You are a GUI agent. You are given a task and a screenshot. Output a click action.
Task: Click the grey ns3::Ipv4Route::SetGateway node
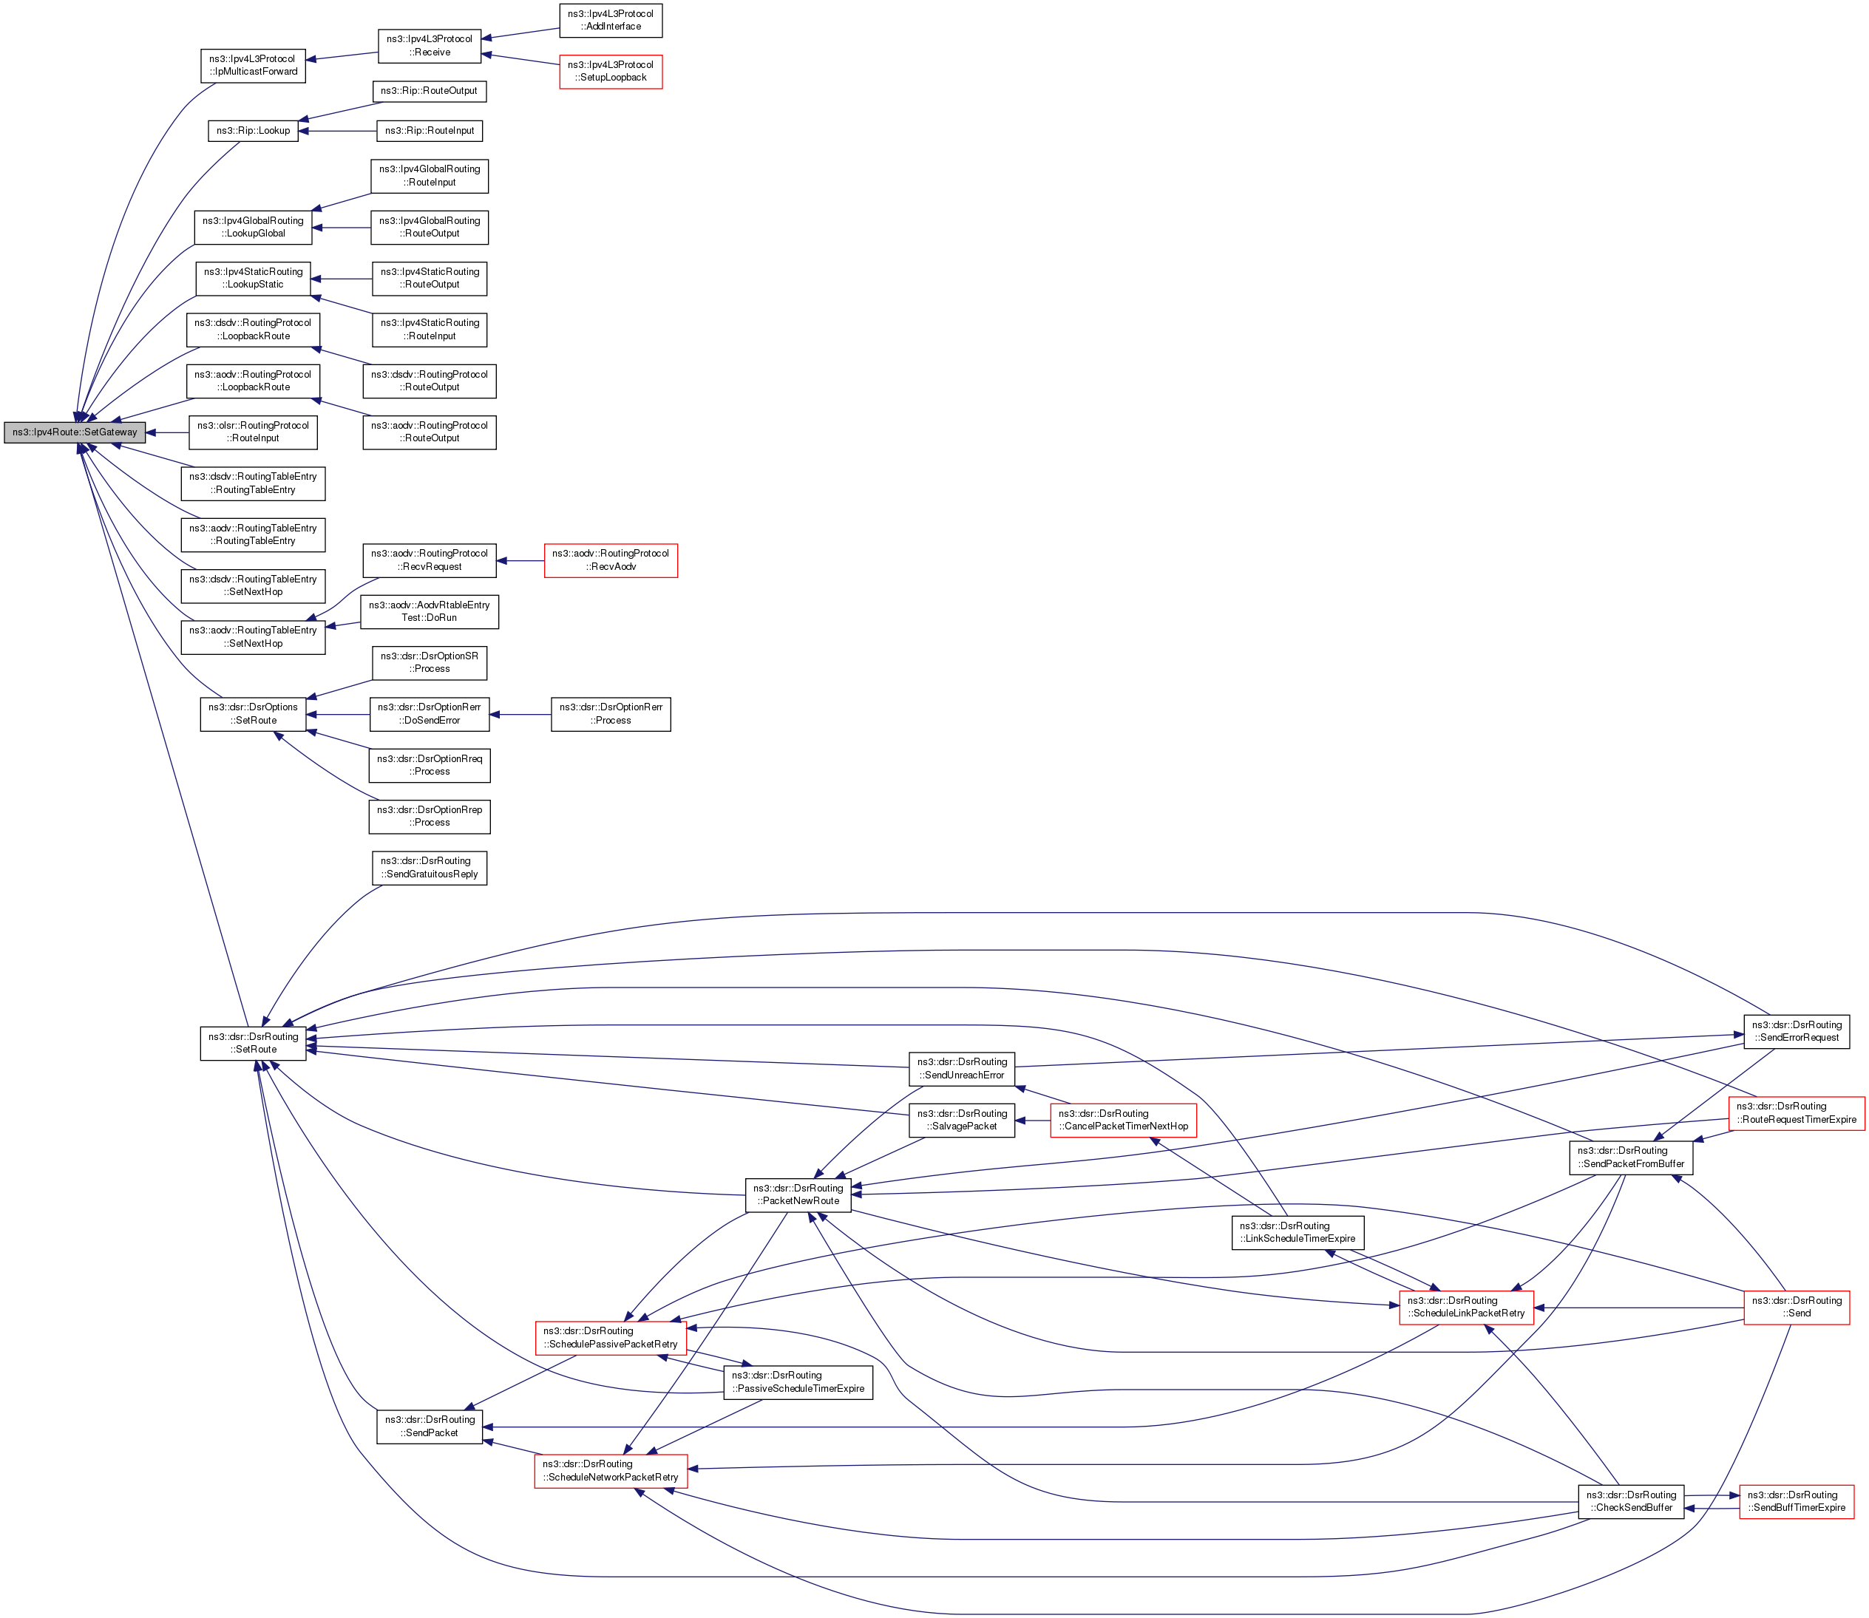pos(74,432)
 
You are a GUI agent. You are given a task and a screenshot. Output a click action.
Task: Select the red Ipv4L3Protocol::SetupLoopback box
pos(611,72)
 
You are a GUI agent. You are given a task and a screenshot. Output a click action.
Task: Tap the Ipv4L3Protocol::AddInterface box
pos(611,20)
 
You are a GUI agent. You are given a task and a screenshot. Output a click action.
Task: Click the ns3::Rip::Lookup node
pos(253,131)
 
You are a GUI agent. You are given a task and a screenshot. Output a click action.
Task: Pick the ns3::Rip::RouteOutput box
pos(429,91)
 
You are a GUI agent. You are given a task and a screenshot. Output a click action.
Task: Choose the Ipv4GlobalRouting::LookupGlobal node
pos(253,227)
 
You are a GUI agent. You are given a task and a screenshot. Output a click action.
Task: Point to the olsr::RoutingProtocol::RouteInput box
pos(253,432)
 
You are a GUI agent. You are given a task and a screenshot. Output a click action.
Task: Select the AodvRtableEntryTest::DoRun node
pos(429,611)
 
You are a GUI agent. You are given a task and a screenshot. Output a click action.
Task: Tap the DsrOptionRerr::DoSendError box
pos(429,713)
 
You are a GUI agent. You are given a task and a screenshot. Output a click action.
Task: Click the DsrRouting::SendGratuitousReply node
pos(429,868)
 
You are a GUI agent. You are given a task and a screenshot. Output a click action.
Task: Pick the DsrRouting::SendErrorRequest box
pos(1796,1031)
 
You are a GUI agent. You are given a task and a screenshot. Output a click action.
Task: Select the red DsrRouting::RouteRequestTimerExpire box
pos(1796,1112)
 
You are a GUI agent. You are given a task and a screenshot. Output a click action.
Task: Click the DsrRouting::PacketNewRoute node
pos(797,1194)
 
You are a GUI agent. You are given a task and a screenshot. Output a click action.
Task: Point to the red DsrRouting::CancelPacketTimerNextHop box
pos(1123,1120)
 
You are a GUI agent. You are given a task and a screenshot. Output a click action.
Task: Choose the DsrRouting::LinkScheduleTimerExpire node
pos(1298,1232)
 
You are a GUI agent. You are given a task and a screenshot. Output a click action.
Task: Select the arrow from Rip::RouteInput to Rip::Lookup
pos(338,131)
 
